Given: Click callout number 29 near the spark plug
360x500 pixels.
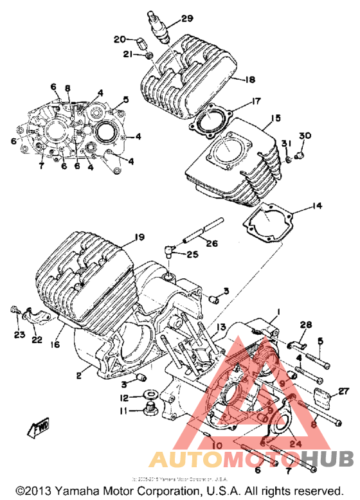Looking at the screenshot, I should click(x=187, y=19).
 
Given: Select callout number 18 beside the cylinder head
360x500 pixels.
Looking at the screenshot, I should click(x=249, y=80).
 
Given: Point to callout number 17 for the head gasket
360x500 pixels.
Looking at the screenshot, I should click(x=256, y=101).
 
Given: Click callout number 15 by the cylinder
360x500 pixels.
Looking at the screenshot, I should click(x=276, y=118).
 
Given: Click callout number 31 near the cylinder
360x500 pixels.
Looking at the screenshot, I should click(x=285, y=143).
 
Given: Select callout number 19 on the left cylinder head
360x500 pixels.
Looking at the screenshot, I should click(x=139, y=237).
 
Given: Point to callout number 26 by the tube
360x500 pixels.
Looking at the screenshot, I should click(x=212, y=243).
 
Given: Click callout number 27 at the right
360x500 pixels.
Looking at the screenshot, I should click(x=343, y=391).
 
